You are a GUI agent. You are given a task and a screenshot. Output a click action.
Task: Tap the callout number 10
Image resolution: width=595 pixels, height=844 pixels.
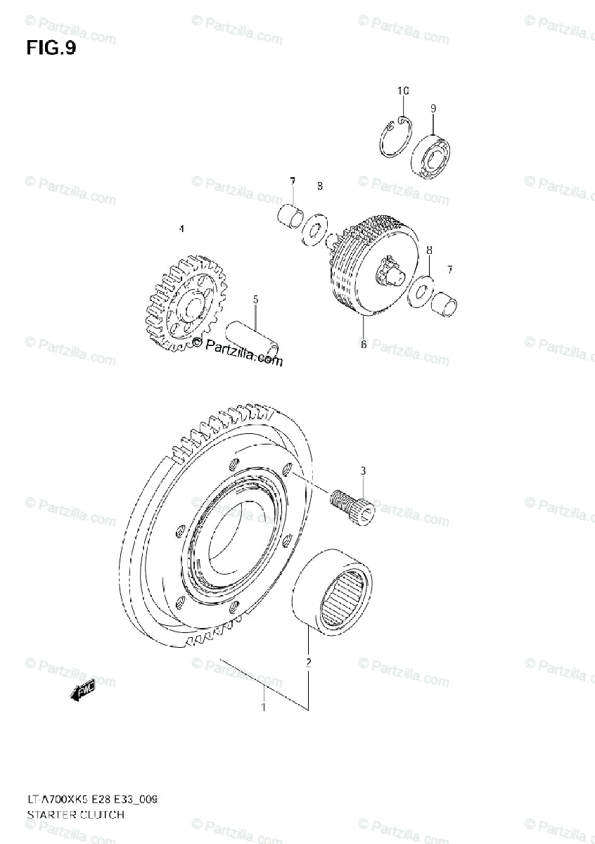pos(402,91)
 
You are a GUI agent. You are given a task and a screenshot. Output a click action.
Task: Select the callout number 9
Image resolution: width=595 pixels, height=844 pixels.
pos(433,108)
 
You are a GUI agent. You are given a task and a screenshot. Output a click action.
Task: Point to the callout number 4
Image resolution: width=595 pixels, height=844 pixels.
pos(181,229)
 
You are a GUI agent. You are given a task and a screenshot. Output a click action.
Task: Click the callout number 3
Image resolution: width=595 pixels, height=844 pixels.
pos(363,470)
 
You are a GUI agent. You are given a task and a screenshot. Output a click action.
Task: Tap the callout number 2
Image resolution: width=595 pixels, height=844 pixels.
pos(308,662)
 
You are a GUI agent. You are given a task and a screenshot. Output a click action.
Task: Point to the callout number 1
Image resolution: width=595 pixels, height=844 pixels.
pos(263,707)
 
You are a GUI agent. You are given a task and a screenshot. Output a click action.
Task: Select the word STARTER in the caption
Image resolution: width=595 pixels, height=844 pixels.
pos(50,815)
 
